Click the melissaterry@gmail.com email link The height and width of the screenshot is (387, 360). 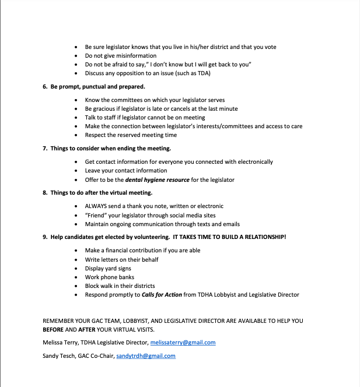(183, 343)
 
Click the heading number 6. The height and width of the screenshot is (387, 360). (45, 87)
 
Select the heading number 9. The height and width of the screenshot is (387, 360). (45, 237)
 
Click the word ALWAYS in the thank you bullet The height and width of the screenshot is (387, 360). (96, 206)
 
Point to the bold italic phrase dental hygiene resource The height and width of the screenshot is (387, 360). (158, 180)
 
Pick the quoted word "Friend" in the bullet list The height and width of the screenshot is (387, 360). (96, 215)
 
